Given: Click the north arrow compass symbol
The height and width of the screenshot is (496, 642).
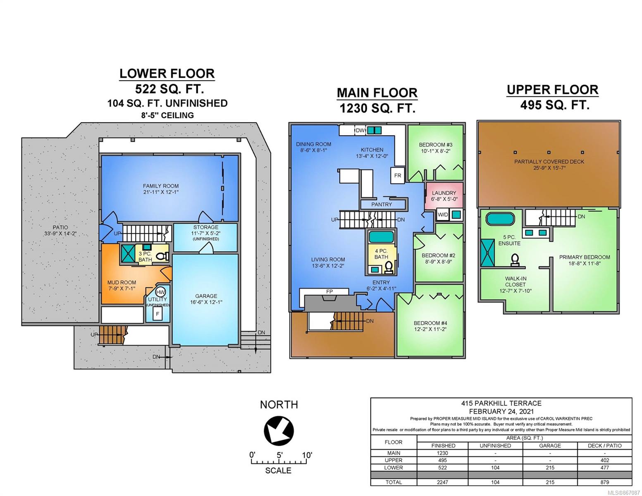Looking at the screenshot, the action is tap(279, 430).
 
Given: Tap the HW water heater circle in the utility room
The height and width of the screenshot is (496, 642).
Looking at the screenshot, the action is tap(160, 292).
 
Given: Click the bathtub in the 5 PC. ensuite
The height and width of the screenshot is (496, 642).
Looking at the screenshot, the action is tap(500, 219).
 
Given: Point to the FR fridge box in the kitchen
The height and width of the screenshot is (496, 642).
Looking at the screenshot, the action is tap(397, 176).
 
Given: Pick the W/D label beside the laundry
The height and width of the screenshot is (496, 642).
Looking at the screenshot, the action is tap(443, 215).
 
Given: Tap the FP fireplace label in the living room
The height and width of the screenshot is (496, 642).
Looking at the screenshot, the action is tap(329, 291).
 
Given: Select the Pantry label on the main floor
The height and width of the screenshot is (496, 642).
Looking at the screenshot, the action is tap(382, 205).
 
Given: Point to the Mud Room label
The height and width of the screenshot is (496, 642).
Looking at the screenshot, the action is tap(122, 282).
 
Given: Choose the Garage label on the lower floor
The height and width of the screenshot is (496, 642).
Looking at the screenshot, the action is tap(206, 296).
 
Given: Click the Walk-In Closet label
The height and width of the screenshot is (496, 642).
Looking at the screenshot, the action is tap(515, 281).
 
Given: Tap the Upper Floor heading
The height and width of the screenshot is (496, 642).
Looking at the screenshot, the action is tap(552, 90).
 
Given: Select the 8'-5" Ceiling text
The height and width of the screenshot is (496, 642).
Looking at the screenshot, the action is tap(167, 115).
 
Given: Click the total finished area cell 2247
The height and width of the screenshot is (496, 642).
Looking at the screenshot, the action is tap(443, 482).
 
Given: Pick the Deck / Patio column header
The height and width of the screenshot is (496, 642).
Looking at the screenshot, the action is tap(604, 446).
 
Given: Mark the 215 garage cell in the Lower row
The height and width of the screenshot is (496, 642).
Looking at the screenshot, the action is tap(550, 467).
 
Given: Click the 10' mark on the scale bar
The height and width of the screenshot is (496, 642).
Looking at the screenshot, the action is tap(307, 455).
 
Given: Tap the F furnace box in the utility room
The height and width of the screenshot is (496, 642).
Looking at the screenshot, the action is tap(158, 314).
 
